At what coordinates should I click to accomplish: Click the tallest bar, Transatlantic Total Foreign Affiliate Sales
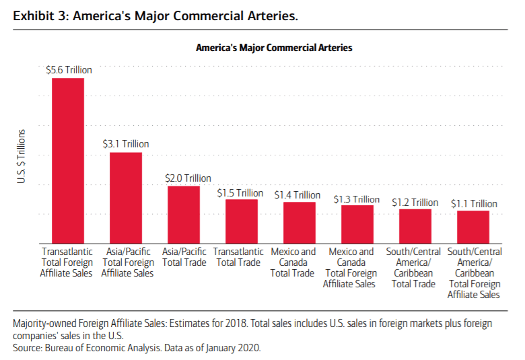click(x=68, y=160)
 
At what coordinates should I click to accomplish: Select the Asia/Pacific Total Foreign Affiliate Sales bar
click(x=126, y=197)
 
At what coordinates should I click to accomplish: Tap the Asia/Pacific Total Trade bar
click(x=184, y=214)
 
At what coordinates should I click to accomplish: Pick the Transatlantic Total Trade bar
click(x=242, y=221)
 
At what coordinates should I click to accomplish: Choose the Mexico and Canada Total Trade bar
click(x=300, y=222)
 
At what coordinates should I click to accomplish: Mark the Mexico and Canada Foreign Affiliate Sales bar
click(x=357, y=223)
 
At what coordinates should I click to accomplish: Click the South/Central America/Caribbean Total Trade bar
click(x=415, y=225)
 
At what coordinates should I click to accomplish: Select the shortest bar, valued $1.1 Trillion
click(x=473, y=226)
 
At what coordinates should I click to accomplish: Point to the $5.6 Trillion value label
click(x=69, y=69)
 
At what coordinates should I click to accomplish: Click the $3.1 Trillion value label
click(x=126, y=144)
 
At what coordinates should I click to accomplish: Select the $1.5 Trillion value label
click(x=240, y=192)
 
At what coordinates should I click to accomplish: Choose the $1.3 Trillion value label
click(x=357, y=199)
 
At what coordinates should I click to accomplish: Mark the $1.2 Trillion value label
click(x=415, y=202)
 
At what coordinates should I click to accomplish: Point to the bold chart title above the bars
click(x=274, y=48)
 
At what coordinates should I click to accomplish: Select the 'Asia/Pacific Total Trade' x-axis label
click(x=184, y=257)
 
